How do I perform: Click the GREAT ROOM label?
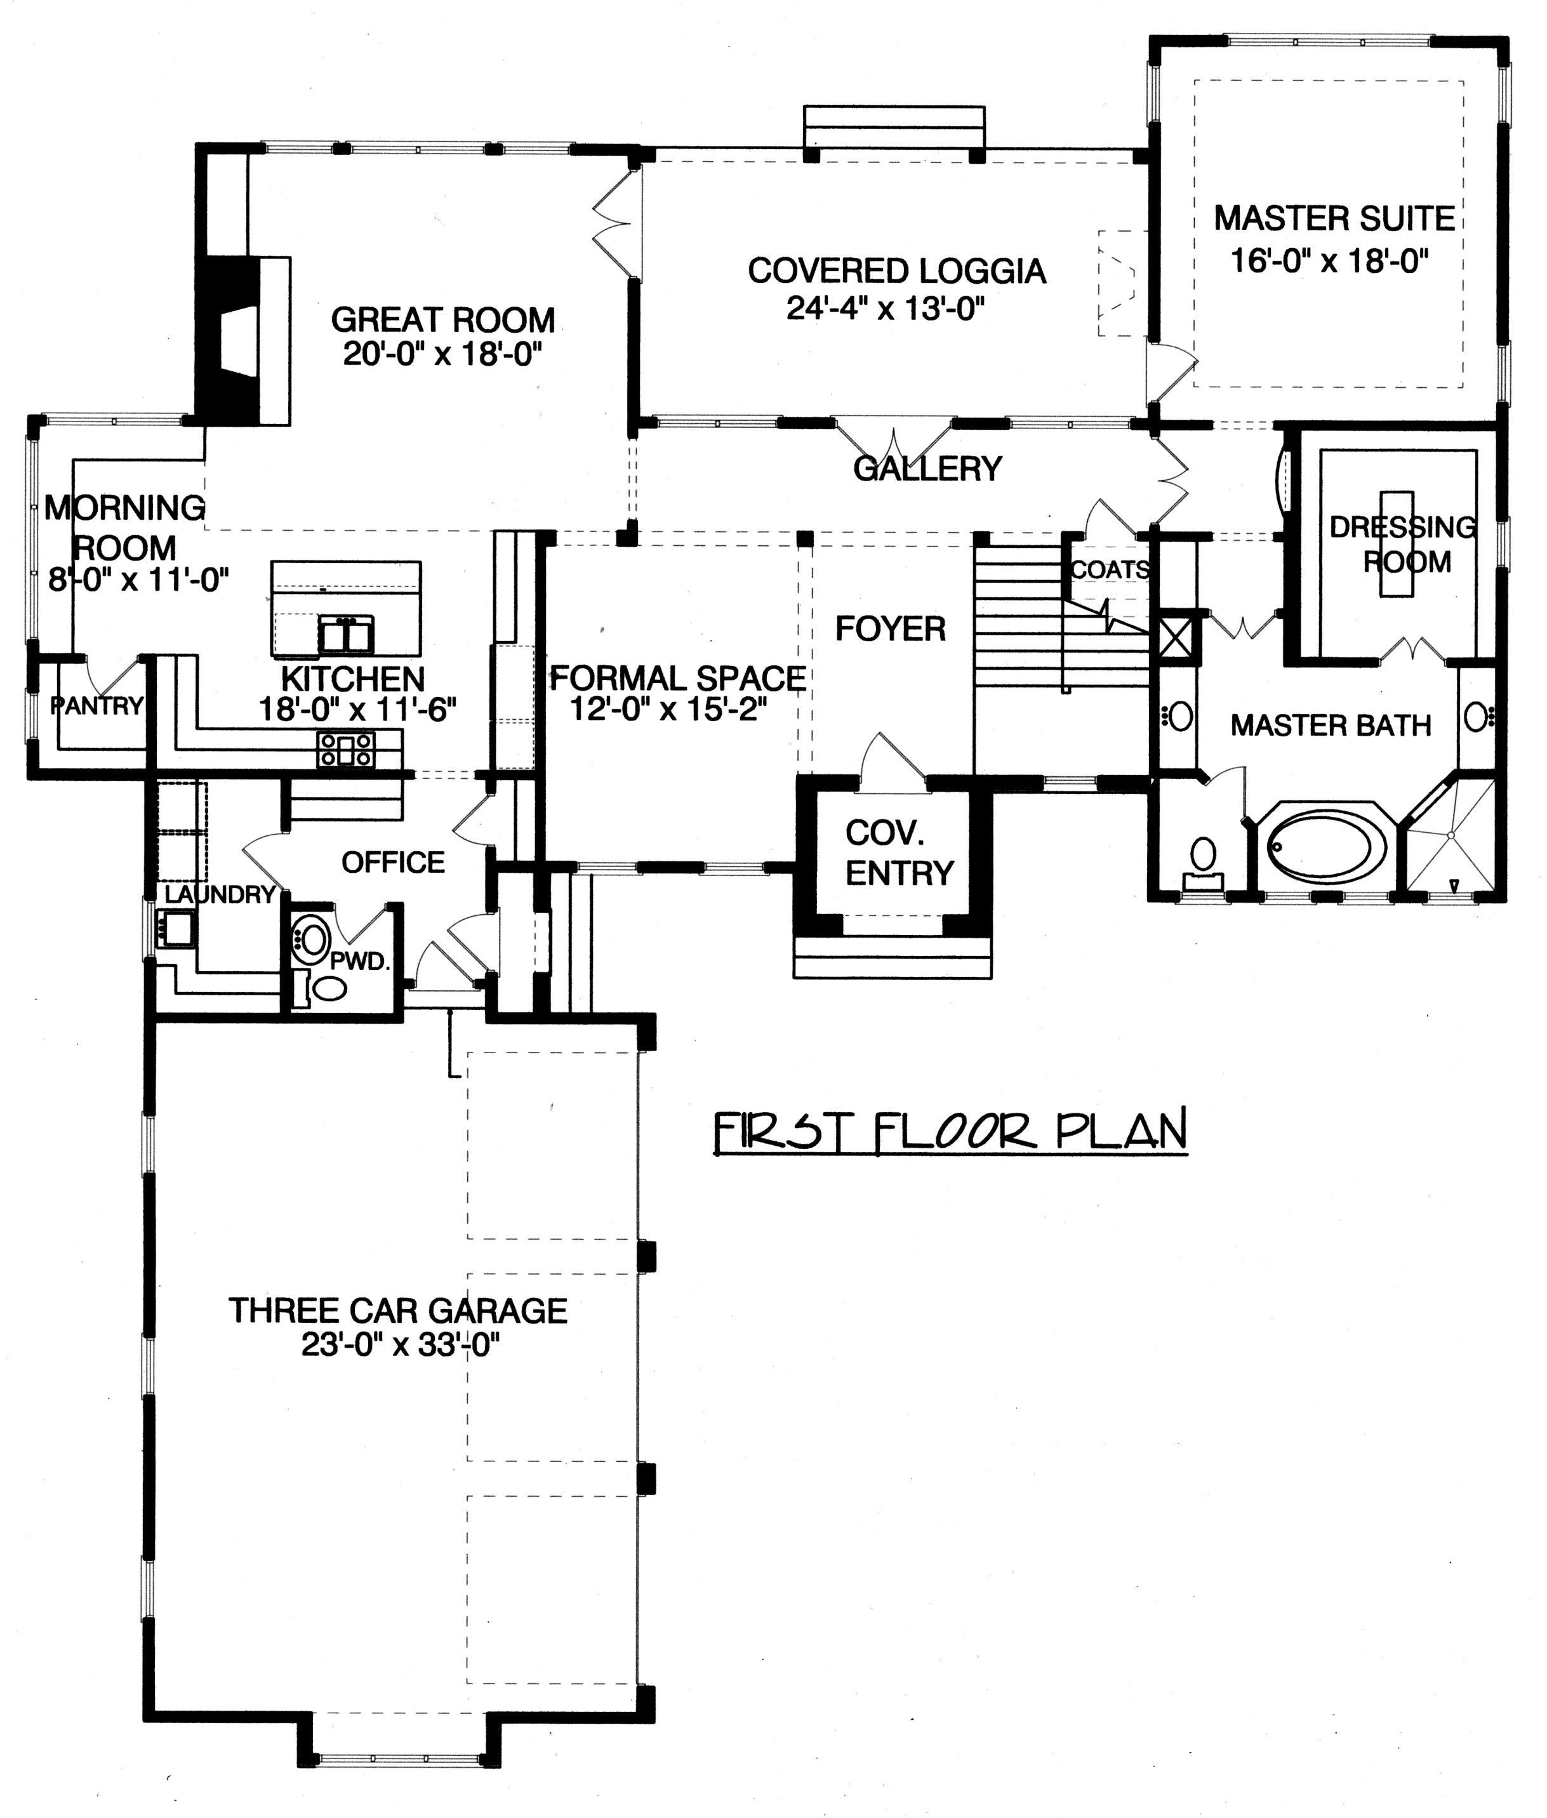443,319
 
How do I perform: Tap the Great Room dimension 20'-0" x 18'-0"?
443,354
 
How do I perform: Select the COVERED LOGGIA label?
896,271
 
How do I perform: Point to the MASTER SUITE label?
1334,218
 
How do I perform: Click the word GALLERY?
927,468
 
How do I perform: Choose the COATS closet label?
1110,570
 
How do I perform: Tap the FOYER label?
890,629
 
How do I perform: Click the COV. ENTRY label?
899,853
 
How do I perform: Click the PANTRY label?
96,705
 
